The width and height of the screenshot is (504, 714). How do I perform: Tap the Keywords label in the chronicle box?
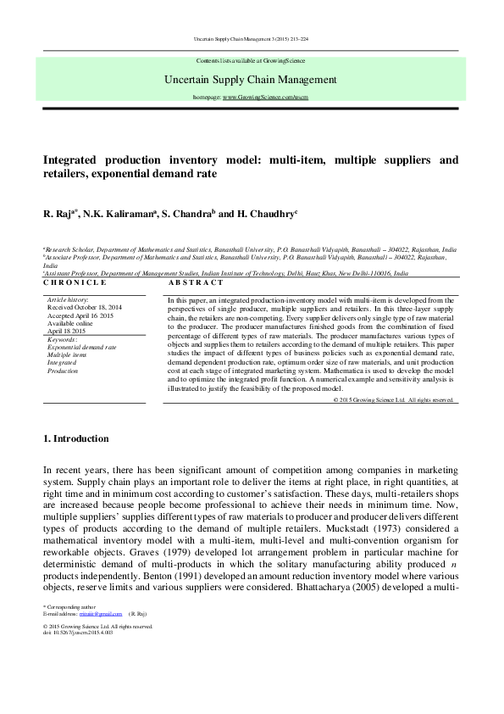[62, 339]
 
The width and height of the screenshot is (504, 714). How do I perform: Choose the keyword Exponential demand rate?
[82, 348]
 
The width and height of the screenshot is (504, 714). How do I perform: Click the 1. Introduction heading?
[75, 438]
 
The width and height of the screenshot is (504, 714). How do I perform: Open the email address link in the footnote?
[108, 612]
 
